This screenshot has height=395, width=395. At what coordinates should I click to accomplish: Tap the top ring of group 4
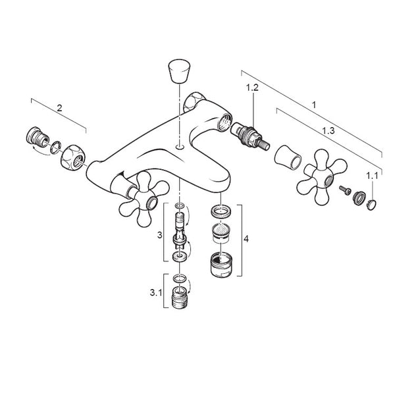click(221, 212)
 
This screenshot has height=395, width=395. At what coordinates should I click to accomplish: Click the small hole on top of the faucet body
click(179, 147)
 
